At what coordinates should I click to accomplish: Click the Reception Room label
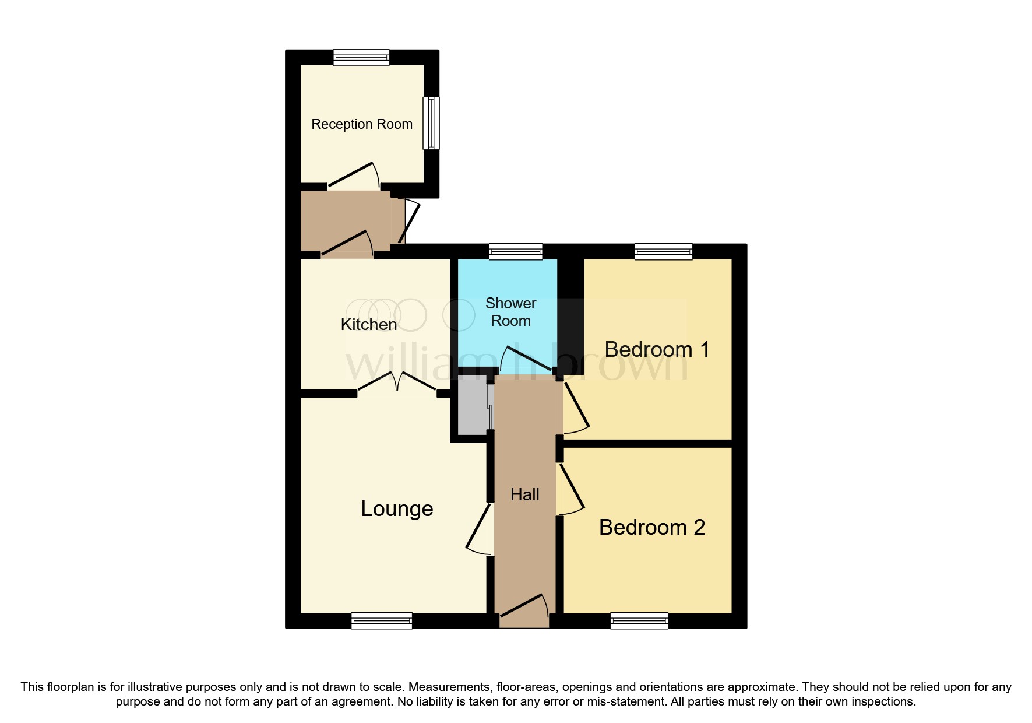pos(361,124)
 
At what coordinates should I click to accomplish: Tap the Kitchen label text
pos(368,324)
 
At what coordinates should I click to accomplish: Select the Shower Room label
pos(510,312)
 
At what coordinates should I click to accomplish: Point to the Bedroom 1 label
pos(657,349)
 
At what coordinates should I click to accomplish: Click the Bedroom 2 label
pos(651,527)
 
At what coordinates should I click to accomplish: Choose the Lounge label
pos(397,508)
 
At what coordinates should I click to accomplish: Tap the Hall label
pos(524,494)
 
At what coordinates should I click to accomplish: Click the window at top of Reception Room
pos(361,57)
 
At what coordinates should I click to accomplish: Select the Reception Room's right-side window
pos(431,122)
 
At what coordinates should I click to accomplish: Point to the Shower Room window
pos(516,252)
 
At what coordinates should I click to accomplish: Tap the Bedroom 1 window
pos(664,252)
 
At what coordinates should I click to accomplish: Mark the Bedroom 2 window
pos(639,621)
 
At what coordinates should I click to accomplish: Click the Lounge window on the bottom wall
pos(382,621)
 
